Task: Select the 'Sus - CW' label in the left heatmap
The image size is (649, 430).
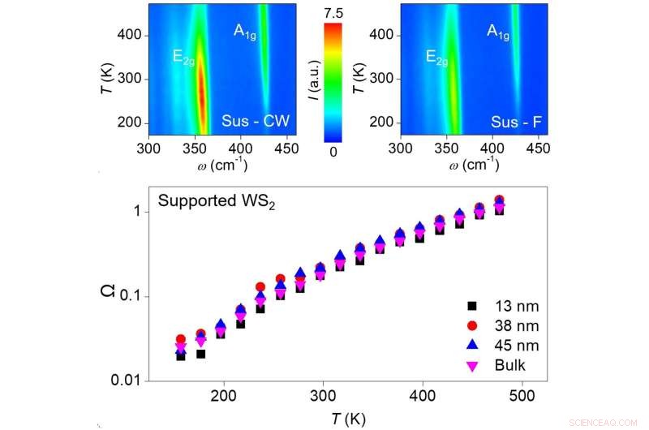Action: pyautogui.click(x=256, y=123)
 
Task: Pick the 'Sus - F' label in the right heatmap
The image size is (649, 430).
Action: pyautogui.click(x=516, y=123)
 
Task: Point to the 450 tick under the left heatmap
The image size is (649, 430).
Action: pyautogui.click(x=286, y=149)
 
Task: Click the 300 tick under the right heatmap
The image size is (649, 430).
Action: pyautogui.click(x=402, y=149)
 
